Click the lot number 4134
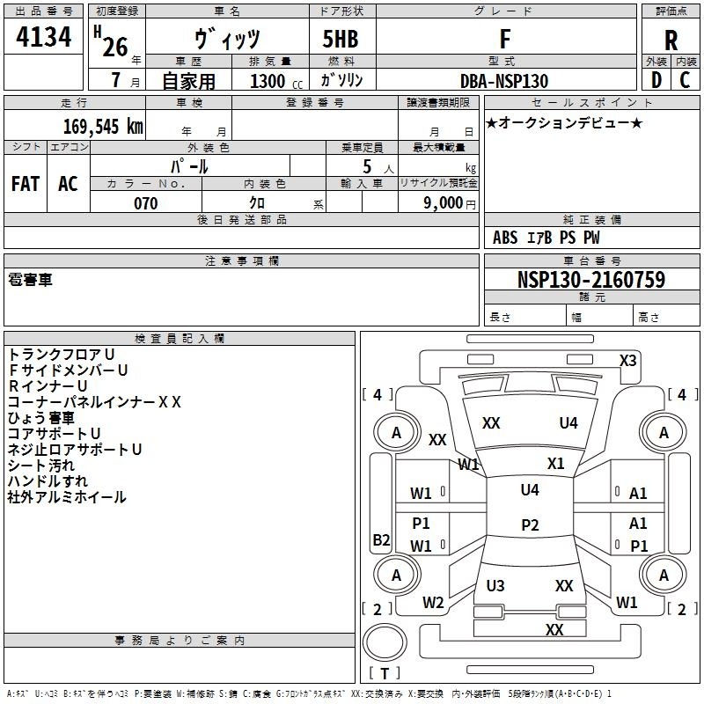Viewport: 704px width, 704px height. (x=43, y=37)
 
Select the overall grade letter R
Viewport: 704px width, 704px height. (x=671, y=40)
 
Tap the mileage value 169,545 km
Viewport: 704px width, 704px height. (x=103, y=127)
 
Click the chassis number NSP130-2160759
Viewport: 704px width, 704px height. (x=590, y=279)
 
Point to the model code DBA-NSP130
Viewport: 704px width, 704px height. (x=503, y=81)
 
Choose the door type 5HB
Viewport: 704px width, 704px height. (x=341, y=39)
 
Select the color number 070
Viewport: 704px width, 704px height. (x=146, y=203)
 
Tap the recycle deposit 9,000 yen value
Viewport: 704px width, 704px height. (x=450, y=203)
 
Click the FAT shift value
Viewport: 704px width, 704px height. (x=26, y=184)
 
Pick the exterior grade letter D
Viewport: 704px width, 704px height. (x=656, y=80)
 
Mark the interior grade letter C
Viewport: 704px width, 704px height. (x=685, y=80)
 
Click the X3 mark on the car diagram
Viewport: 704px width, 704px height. (x=627, y=361)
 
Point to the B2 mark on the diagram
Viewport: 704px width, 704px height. (x=381, y=539)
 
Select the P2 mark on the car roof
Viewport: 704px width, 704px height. (x=530, y=524)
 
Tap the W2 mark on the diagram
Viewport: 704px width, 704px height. (x=433, y=603)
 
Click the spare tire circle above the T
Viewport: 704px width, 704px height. (x=385, y=642)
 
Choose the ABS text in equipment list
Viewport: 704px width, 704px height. (x=505, y=238)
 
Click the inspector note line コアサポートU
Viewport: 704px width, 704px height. (x=54, y=434)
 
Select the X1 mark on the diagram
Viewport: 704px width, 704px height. (x=555, y=464)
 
